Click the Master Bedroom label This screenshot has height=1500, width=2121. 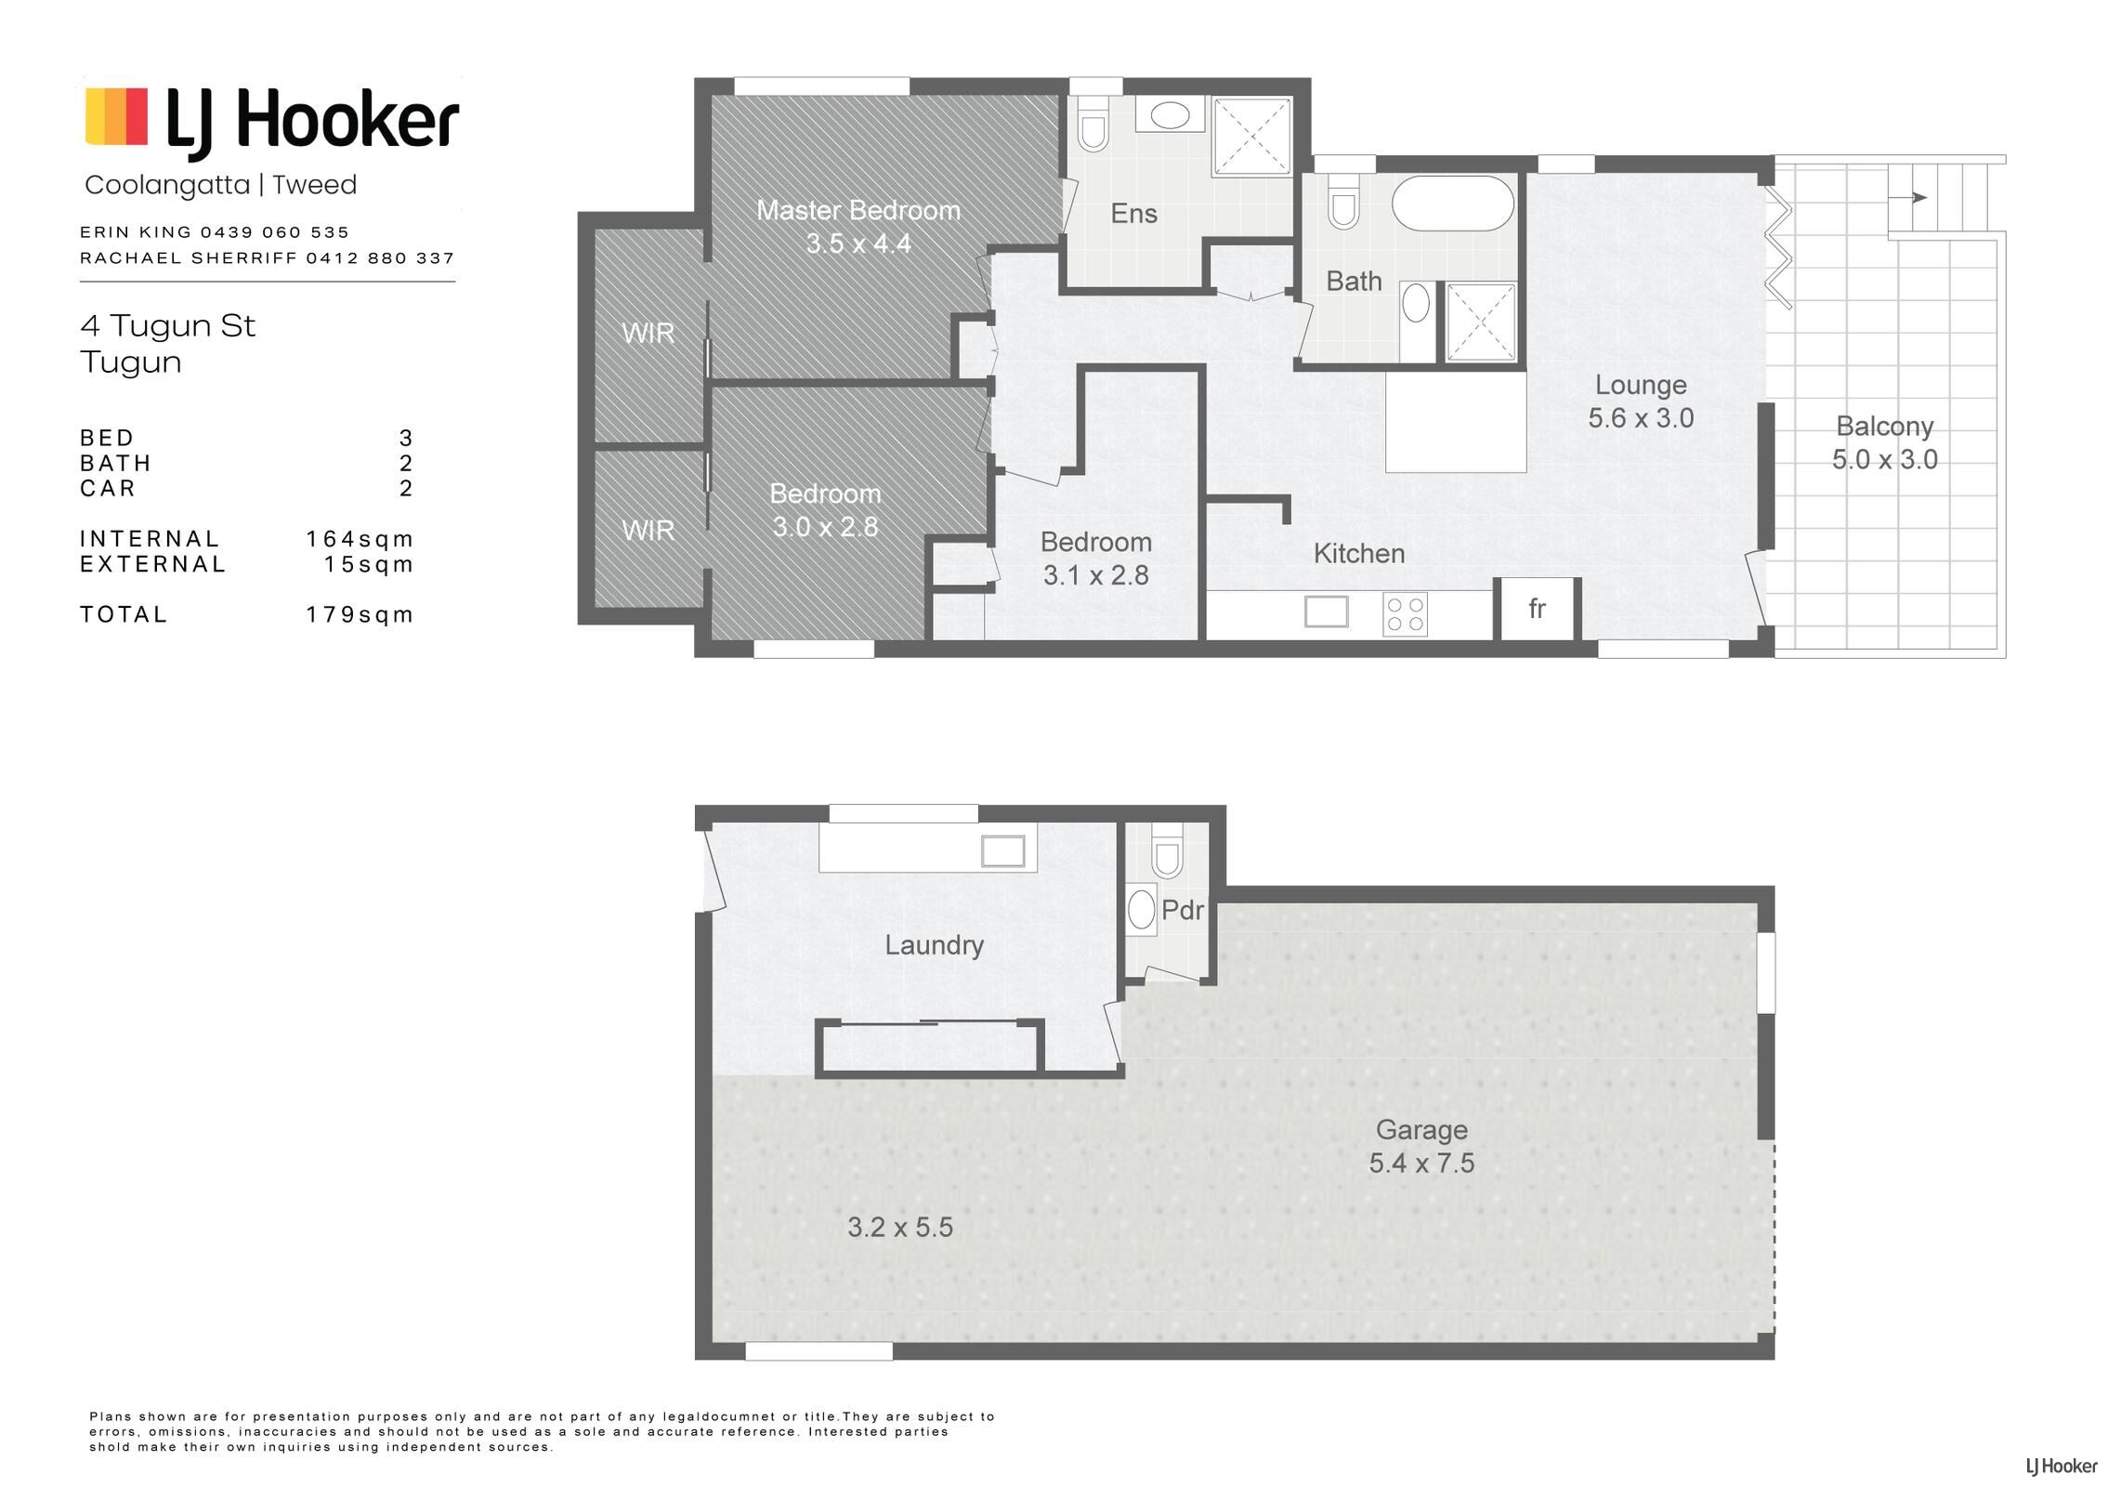pos(858,211)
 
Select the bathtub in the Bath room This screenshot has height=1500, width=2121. pos(1453,204)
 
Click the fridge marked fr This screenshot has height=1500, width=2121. pos(1537,609)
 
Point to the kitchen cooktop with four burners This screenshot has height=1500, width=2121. pos(1405,614)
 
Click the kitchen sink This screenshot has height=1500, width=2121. pos(1326,612)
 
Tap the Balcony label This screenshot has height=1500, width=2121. pos(1884,427)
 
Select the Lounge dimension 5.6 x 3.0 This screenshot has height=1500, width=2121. pos(1641,418)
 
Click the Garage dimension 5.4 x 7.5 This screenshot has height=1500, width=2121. pos(1421,1163)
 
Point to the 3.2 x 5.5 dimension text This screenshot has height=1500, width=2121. pos(900,1228)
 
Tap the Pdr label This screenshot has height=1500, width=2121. pos(1183,910)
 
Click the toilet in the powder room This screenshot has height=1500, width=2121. pos(1167,850)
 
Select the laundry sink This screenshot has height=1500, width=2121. pos(1002,851)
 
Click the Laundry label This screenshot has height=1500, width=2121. pos(934,945)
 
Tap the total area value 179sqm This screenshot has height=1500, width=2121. pos(360,614)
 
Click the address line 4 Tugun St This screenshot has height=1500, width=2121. pos(167,325)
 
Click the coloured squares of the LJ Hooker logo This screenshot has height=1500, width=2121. pos(116,116)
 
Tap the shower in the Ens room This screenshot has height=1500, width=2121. pos(1252,136)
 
